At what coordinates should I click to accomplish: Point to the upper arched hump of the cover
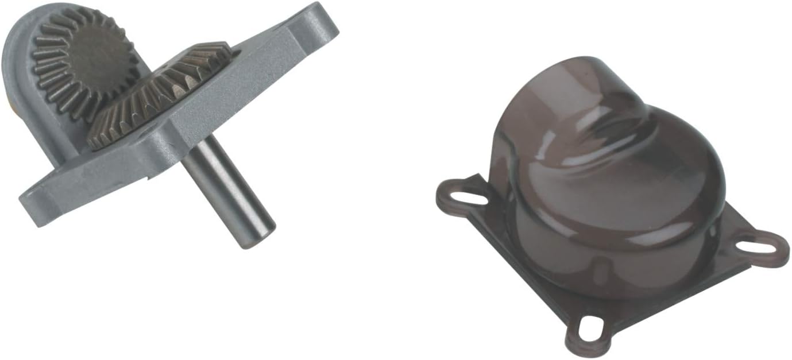(x=574, y=86)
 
